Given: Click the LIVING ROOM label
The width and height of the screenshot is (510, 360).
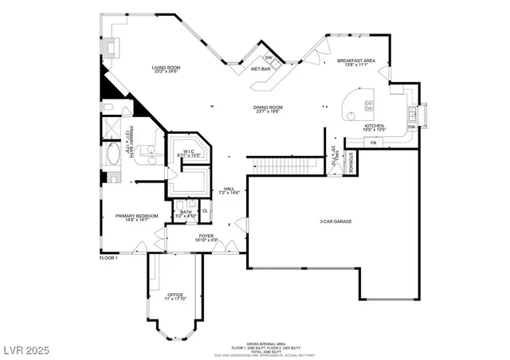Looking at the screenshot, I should [167, 68].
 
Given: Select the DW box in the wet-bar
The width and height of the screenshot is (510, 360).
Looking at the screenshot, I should [269, 57].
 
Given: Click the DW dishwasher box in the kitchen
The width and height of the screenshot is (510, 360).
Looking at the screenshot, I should [412, 127].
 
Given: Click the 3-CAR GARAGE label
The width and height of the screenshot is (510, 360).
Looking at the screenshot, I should [335, 221].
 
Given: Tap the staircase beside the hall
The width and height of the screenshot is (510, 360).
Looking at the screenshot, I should [274, 165].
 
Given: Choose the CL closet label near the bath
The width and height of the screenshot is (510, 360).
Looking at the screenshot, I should [205, 210].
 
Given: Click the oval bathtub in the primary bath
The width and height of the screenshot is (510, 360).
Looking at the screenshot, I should [112, 152].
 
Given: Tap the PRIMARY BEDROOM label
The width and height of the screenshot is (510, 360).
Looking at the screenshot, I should [136, 216].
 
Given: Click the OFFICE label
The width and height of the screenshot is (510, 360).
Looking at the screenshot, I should [175, 295].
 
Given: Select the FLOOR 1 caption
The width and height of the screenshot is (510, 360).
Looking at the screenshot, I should [108, 258].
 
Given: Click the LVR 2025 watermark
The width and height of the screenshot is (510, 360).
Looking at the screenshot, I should [25, 347].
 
